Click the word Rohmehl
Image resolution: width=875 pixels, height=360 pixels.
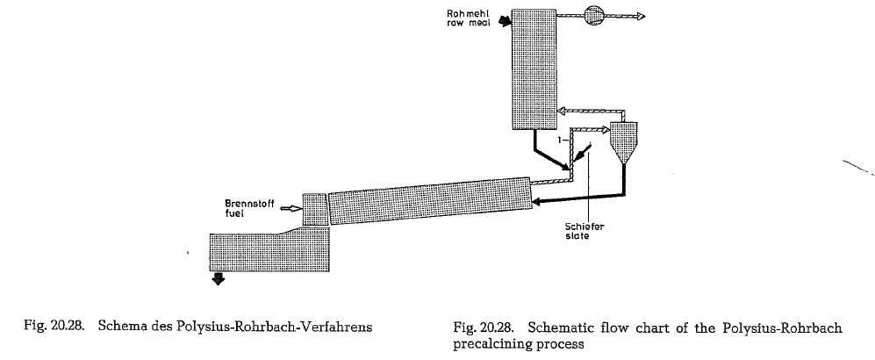469,13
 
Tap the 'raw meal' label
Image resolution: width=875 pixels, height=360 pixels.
468,23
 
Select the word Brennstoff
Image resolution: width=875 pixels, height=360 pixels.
249,204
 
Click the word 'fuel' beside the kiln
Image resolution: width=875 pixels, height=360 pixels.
234,213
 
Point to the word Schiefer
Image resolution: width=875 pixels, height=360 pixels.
585,227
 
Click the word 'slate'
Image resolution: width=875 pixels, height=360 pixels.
577,236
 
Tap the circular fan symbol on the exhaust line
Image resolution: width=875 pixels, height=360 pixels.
594,16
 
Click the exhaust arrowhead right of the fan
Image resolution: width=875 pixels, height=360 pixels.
641,16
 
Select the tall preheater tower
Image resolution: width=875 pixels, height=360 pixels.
534,69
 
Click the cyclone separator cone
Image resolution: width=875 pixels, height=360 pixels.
623,142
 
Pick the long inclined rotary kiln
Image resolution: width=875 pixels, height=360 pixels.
430,201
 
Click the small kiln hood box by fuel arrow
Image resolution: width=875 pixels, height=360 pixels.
314,209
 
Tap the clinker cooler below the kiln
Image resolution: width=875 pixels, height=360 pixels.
269,250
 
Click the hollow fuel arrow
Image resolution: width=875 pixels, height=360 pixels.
290,209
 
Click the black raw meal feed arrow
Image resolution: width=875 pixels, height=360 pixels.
506,21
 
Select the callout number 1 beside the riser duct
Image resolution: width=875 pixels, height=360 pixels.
560,140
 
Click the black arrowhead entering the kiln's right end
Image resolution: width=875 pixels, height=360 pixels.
537,202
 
